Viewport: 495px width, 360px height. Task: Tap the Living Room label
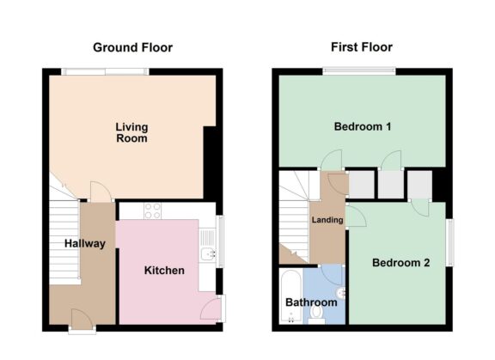pos(131,132)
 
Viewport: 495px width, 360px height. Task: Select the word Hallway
pos(85,243)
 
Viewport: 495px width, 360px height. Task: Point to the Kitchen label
pos(163,270)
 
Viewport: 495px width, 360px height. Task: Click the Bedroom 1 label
pos(363,127)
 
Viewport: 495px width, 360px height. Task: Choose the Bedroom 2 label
pos(400,263)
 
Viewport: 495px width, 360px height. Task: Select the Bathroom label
pos(311,302)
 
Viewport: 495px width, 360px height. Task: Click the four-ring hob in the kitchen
pos(154,210)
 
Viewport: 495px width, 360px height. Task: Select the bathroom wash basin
pos(341,292)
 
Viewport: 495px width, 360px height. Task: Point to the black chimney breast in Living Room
pos(209,160)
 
